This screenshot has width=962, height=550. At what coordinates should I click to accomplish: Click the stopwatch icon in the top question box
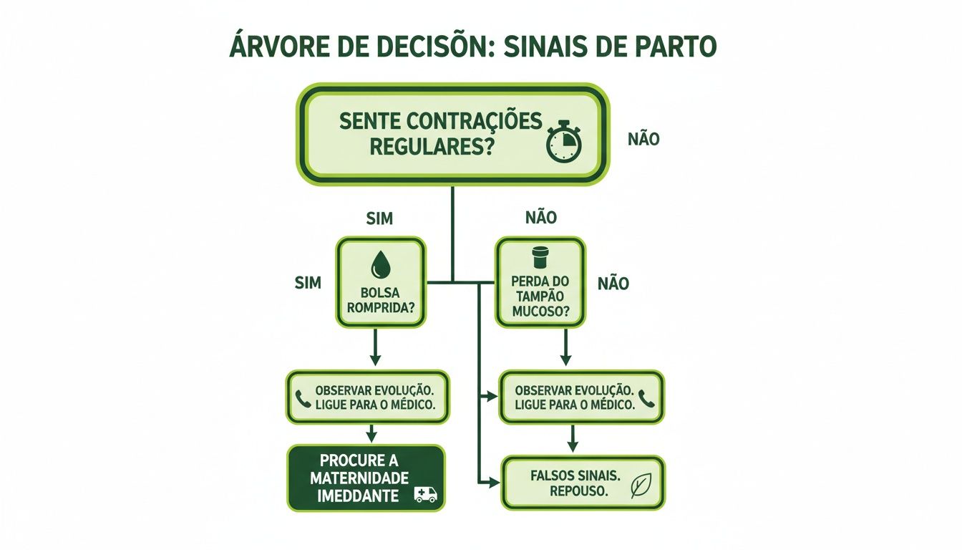coord(564,142)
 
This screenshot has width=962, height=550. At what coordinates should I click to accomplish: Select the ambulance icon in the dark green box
coord(426,494)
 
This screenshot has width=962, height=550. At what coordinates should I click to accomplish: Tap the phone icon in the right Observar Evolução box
coord(647,398)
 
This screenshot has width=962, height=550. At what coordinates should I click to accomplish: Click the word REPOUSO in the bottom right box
coord(579,492)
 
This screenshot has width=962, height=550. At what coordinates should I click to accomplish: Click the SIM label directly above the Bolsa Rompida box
coord(379,219)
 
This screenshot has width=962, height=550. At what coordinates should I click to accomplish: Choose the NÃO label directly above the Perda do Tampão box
coord(541,218)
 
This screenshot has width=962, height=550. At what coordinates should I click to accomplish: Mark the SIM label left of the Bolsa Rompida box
coord(308,283)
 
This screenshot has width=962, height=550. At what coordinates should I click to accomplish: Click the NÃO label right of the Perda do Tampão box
coord(613,284)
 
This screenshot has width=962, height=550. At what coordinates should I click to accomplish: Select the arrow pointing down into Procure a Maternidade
coord(371,433)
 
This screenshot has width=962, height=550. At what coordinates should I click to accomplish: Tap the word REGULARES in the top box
coord(419,148)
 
